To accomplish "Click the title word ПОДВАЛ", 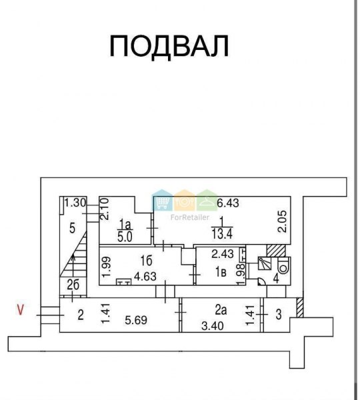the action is coord(169,46).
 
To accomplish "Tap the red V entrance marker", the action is coord(20,310).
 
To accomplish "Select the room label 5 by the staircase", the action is coord(73,228).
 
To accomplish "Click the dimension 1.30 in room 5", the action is coord(75,203).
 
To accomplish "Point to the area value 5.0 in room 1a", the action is coord(125,237).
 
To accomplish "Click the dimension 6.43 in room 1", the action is coord(228,203).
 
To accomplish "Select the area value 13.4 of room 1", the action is coord(222,234).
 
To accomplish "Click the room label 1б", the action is coord(146,261).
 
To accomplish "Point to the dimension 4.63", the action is coord(145,276).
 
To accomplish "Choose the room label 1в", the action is coord(221,273).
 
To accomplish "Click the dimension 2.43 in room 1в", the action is coord(223,254).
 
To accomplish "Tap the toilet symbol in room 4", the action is coord(283,266).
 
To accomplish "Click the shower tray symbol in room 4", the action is coord(264,263).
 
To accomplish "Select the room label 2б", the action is coord(73,285).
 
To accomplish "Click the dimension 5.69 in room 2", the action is coord(136,320).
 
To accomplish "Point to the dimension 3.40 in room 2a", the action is coord(213,326).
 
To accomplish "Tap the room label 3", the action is coord(279,314).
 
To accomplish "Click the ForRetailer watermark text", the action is coord(190,217).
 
